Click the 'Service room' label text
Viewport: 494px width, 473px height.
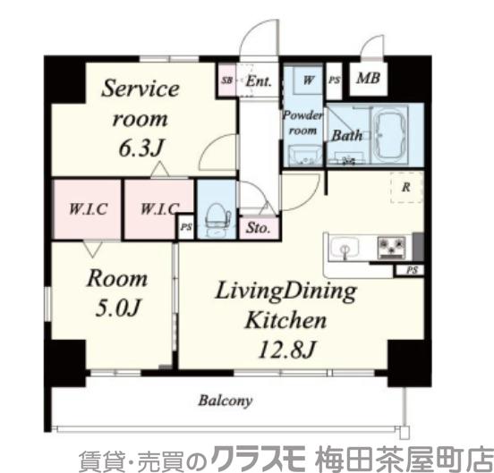point(141,103)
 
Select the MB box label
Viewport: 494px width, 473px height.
point(368,79)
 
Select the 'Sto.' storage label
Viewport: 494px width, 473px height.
point(257,226)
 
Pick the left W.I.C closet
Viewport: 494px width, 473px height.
point(89,210)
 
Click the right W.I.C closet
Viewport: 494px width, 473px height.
point(158,210)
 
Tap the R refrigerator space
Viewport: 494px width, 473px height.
point(405,188)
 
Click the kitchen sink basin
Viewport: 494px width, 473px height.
point(346,247)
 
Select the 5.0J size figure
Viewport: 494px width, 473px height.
point(113,310)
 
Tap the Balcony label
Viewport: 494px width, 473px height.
point(226,401)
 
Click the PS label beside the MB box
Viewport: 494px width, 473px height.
point(335,80)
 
